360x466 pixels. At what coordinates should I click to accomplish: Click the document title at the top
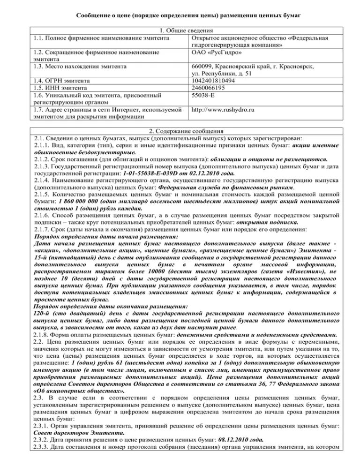[x=180, y=15]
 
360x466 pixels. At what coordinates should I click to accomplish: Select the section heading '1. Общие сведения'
[x=180, y=30]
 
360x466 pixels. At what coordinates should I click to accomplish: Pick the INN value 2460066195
[x=210, y=88]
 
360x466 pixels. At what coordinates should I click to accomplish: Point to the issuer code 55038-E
[x=203, y=95]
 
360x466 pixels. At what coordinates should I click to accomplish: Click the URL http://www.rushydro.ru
[x=223, y=109]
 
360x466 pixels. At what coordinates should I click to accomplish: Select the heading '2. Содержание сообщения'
[x=180, y=131]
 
